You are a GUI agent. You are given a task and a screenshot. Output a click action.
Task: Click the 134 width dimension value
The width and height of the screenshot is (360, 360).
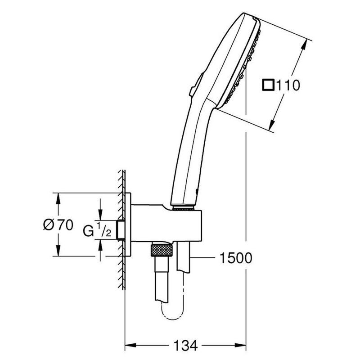tap(185, 346)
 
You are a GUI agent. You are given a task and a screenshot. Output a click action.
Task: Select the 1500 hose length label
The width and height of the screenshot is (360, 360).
tap(234, 258)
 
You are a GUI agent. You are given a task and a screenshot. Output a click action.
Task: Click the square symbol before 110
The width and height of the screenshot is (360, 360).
tap(269, 85)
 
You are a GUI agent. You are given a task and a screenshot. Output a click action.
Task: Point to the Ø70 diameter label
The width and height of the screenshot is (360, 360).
tap(58, 225)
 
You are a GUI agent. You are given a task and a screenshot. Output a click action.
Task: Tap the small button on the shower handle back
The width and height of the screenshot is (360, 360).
tap(193, 88)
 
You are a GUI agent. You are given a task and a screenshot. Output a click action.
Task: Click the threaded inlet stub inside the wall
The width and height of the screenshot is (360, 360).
tap(120, 231)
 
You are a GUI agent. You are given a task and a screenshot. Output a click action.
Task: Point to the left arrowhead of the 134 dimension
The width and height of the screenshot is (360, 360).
tap(128, 346)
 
